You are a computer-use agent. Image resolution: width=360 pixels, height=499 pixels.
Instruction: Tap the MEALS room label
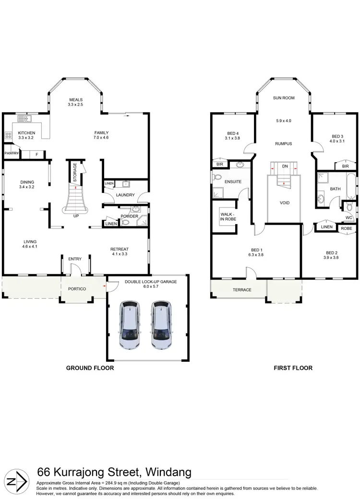(x=76, y=100)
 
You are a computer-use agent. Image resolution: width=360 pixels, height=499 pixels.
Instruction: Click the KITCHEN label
(x=27, y=133)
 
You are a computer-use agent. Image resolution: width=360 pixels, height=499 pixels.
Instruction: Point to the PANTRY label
(x=11, y=153)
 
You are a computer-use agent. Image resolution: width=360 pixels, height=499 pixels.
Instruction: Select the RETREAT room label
(x=119, y=249)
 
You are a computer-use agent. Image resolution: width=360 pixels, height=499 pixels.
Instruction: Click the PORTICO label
(x=76, y=289)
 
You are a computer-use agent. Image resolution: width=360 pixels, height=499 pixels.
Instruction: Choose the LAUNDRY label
(x=124, y=195)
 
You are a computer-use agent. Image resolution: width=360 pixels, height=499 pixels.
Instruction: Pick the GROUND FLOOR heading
(x=90, y=368)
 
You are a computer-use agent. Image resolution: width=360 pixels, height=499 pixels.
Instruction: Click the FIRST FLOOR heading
(x=292, y=368)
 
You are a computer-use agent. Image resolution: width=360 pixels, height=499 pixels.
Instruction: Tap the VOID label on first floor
(x=285, y=203)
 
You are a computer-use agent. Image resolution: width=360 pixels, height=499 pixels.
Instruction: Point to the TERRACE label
(x=242, y=290)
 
